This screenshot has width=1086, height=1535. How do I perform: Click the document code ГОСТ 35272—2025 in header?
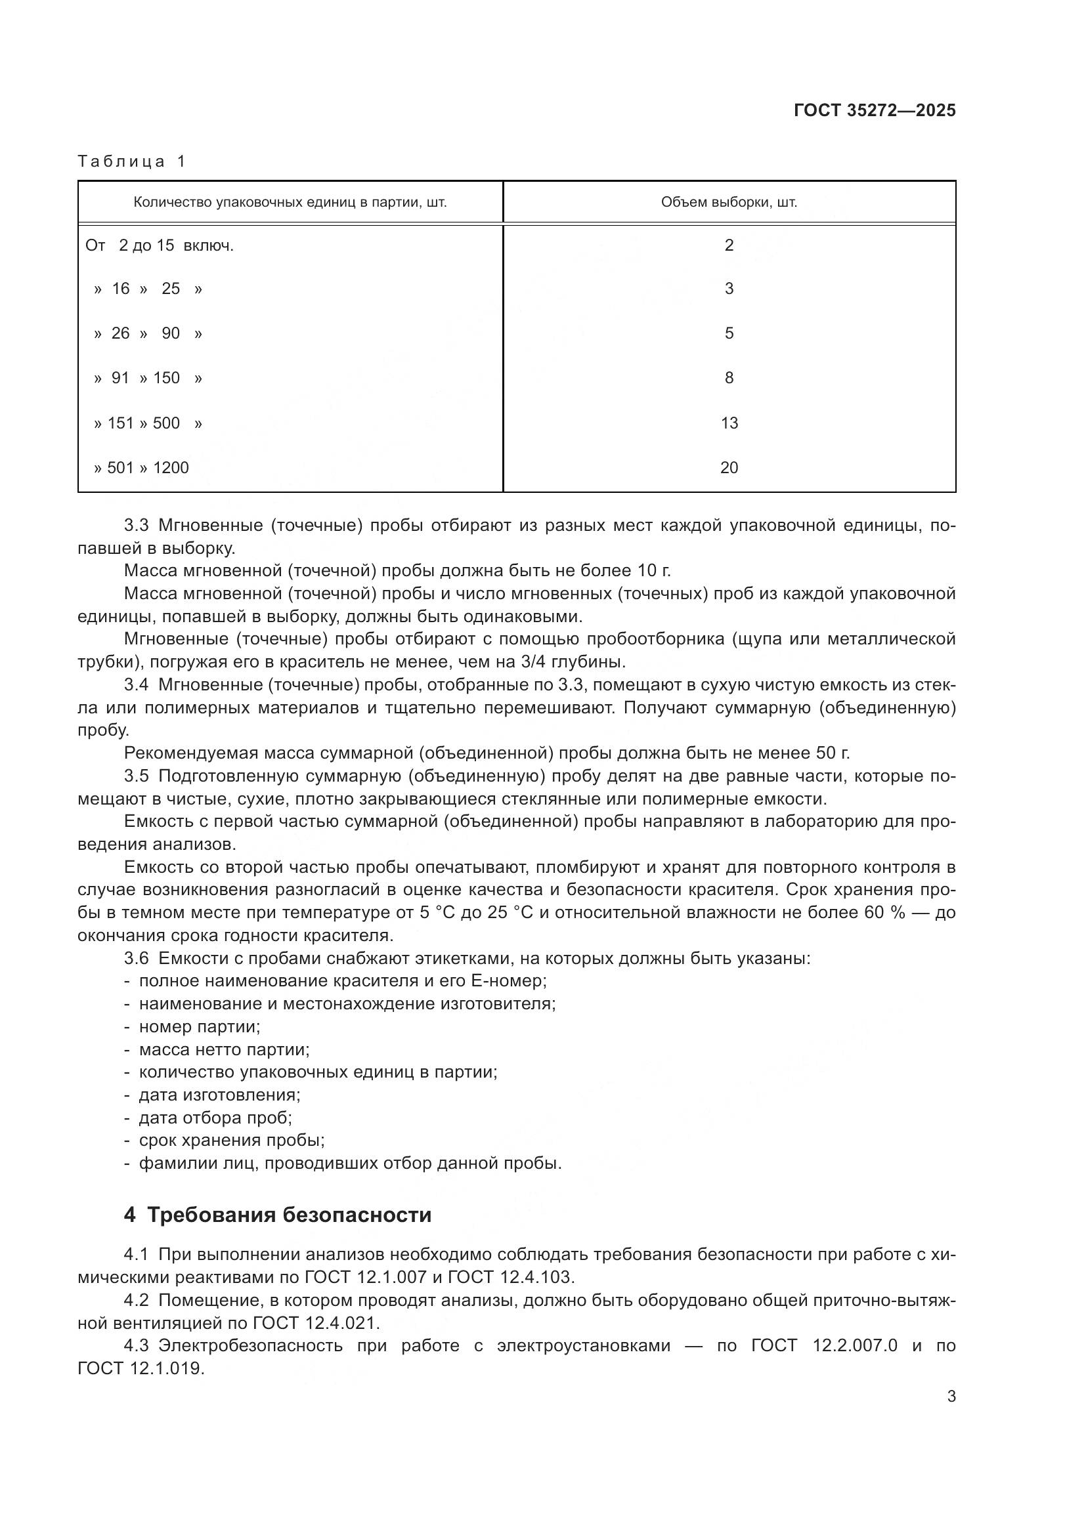(874, 111)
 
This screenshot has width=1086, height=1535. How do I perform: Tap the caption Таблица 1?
(131, 161)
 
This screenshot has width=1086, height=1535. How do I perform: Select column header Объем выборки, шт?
(728, 203)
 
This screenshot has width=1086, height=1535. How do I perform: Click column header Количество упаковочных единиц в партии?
(290, 203)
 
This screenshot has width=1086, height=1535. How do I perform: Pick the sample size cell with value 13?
(729, 423)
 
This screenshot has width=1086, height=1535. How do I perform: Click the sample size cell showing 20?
(729, 468)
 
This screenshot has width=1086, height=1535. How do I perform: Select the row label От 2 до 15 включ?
(159, 246)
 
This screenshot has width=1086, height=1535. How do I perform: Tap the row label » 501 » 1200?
(141, 468)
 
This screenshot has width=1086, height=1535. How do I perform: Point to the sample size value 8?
(729, 379)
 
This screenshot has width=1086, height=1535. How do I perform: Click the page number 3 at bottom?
(951, 1397)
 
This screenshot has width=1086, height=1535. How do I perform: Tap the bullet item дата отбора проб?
(215, 1117)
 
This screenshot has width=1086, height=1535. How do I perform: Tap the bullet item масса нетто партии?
(224, 1049)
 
